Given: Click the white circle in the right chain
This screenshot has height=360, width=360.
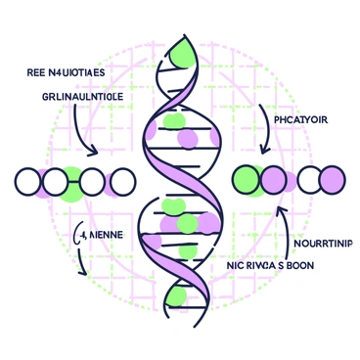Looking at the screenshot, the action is [x=309, y=179].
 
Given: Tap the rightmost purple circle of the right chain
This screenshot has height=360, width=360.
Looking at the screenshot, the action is [x=334, y=179].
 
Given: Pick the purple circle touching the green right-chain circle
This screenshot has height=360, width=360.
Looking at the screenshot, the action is [x=275, y=179].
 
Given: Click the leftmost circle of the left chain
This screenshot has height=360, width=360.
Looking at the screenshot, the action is [x=27, y=181].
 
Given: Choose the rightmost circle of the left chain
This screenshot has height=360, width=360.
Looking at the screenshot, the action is [x=123, y=181].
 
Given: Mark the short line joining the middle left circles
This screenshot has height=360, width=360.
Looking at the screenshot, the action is [x=75, y=181].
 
